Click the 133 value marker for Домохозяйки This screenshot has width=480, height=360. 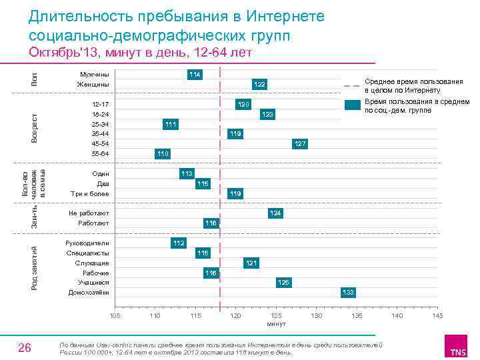[348, 293]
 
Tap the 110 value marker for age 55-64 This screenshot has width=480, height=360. [163, 154]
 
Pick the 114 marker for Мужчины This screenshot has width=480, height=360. [195, 73]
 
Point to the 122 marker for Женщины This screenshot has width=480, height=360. [259, 84]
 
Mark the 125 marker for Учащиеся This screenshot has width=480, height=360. [283, 283]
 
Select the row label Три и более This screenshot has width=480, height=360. [89, 193]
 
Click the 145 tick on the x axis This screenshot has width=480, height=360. [437, 315]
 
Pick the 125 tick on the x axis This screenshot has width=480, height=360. [276, 315]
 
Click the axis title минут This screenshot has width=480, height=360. [276, 323]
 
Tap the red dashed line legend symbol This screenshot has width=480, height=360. [353, 85]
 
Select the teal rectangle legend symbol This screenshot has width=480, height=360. [353, 105]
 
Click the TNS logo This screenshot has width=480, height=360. [457, 349]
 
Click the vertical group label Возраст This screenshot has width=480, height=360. [35, 127]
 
